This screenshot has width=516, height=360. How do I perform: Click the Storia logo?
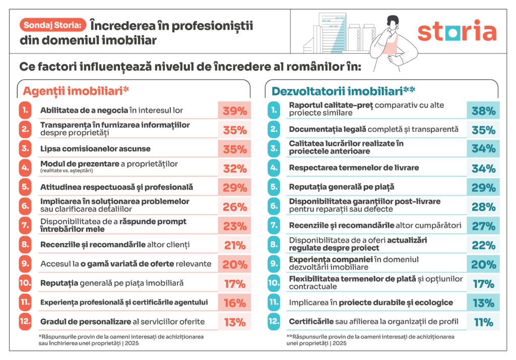457,31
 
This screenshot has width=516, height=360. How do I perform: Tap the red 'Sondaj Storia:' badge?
52,24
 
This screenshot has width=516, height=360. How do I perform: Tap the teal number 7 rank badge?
274,226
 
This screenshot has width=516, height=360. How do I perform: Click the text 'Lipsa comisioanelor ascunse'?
95,149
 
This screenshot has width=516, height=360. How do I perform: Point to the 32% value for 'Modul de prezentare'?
235,169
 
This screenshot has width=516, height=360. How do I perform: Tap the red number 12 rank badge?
25,322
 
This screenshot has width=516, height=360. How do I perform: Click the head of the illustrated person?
394,24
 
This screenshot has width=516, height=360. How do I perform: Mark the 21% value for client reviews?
235,245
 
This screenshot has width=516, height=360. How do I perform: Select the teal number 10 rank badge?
274,283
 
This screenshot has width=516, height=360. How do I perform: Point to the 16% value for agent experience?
235,303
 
